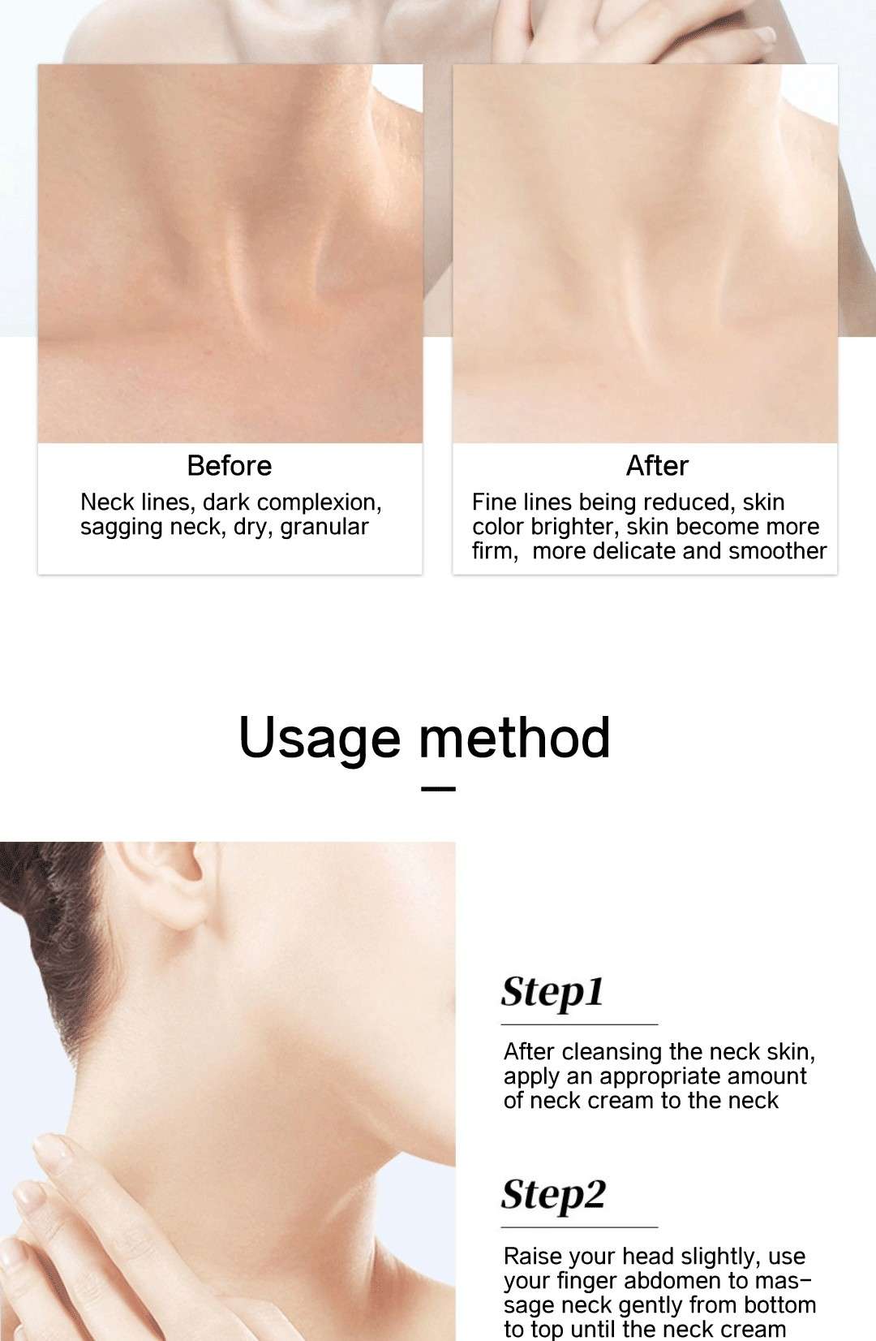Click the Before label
[230, 466]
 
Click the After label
[657, 466]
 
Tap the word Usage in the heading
[320, 739]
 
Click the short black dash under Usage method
[438, 789]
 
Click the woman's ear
[161, 886]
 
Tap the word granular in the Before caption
[324, 528]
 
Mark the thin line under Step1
[579, 1024]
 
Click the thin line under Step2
[579, 1227]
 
